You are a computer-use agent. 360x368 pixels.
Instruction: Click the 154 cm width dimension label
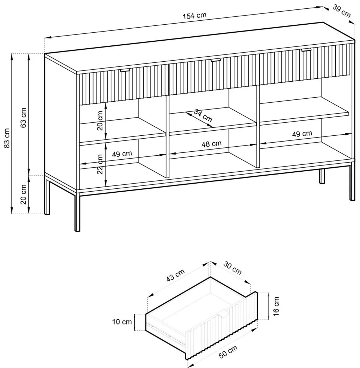click(195, 16)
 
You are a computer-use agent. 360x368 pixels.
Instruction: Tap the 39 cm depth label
click(341, 11)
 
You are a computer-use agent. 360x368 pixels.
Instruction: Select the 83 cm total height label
click(7, 138)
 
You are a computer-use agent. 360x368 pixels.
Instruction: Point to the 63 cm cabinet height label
click(24, 118)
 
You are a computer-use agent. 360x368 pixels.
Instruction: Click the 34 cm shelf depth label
click(203, 115)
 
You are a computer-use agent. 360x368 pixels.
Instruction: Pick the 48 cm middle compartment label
click(212, 144)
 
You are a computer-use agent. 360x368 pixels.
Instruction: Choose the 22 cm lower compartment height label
click(100, 164)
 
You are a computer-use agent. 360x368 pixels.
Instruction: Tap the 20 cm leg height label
click(24, 195)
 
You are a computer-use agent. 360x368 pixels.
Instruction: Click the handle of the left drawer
click(124, 70)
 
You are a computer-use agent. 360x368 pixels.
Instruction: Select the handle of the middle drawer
click(216, 60)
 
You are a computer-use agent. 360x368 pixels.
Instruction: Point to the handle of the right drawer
click(306, 50)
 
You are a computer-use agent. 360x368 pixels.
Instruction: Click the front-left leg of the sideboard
click(77, 212)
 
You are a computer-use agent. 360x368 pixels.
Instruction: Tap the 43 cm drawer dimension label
click(176, 275)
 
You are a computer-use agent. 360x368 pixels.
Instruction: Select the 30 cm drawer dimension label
click(232, 268)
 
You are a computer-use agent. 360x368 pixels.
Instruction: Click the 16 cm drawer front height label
click(277, 306)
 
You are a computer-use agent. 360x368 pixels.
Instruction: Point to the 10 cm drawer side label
click(122, 322)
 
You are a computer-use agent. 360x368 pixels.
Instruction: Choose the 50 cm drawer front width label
click(228, 351)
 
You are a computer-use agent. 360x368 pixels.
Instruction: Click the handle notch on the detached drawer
click(223, 314)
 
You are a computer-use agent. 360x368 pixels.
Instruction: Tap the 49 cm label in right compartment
click(302, 134)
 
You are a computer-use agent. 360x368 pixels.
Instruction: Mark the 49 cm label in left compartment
click(122, 154)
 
